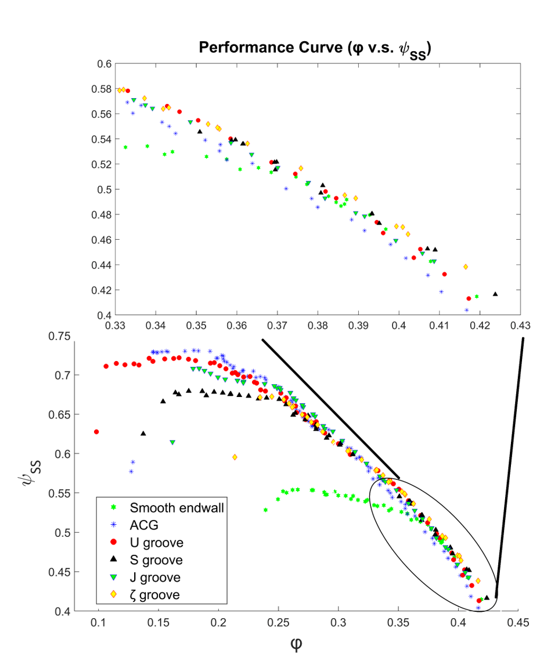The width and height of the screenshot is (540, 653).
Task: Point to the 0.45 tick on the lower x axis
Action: point(519,622)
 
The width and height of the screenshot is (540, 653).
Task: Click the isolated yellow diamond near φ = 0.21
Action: point(235,457)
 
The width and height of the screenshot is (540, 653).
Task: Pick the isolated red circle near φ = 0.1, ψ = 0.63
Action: point(96,432)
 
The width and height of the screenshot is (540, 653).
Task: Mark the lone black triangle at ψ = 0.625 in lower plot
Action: point(143,434)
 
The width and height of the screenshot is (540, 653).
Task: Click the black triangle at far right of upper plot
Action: point(495,294)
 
